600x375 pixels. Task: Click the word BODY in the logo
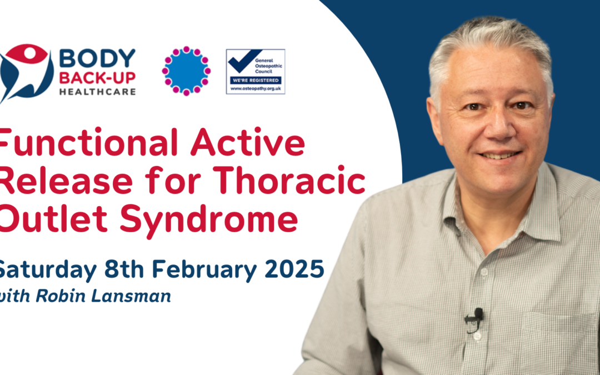coord(97,58)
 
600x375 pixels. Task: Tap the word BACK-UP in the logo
coord(97,78)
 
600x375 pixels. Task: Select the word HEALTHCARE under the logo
coord(97,92)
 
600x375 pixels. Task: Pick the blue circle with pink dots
coord(186,71)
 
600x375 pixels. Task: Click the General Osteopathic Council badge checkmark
coord(243,61)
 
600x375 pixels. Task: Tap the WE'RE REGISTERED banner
coord(256,81)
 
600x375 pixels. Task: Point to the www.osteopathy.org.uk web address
coord(256,88)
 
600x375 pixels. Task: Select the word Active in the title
coord(248,142)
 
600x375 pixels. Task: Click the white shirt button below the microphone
coord(477,337)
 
